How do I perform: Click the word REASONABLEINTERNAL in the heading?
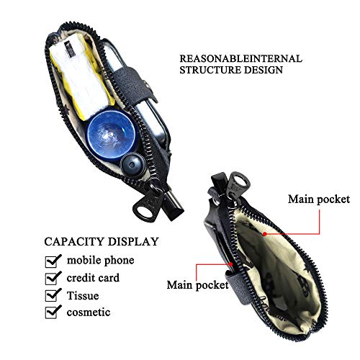point(240,58)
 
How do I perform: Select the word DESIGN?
point(264,70)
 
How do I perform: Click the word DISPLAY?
point(133,241)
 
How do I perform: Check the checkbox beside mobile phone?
point(53,261)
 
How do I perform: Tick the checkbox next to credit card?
point(53,278)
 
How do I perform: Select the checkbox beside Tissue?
point(53,294)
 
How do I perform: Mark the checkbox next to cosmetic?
point(53,312)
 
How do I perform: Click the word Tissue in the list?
point(83,295)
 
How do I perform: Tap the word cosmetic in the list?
point(89,312)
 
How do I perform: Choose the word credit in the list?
point(80,278)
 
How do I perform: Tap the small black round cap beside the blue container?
point(132,165)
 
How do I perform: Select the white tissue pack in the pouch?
point(81,77)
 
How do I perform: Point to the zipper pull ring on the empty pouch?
point(238,183)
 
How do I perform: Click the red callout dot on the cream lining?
point(264,233)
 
